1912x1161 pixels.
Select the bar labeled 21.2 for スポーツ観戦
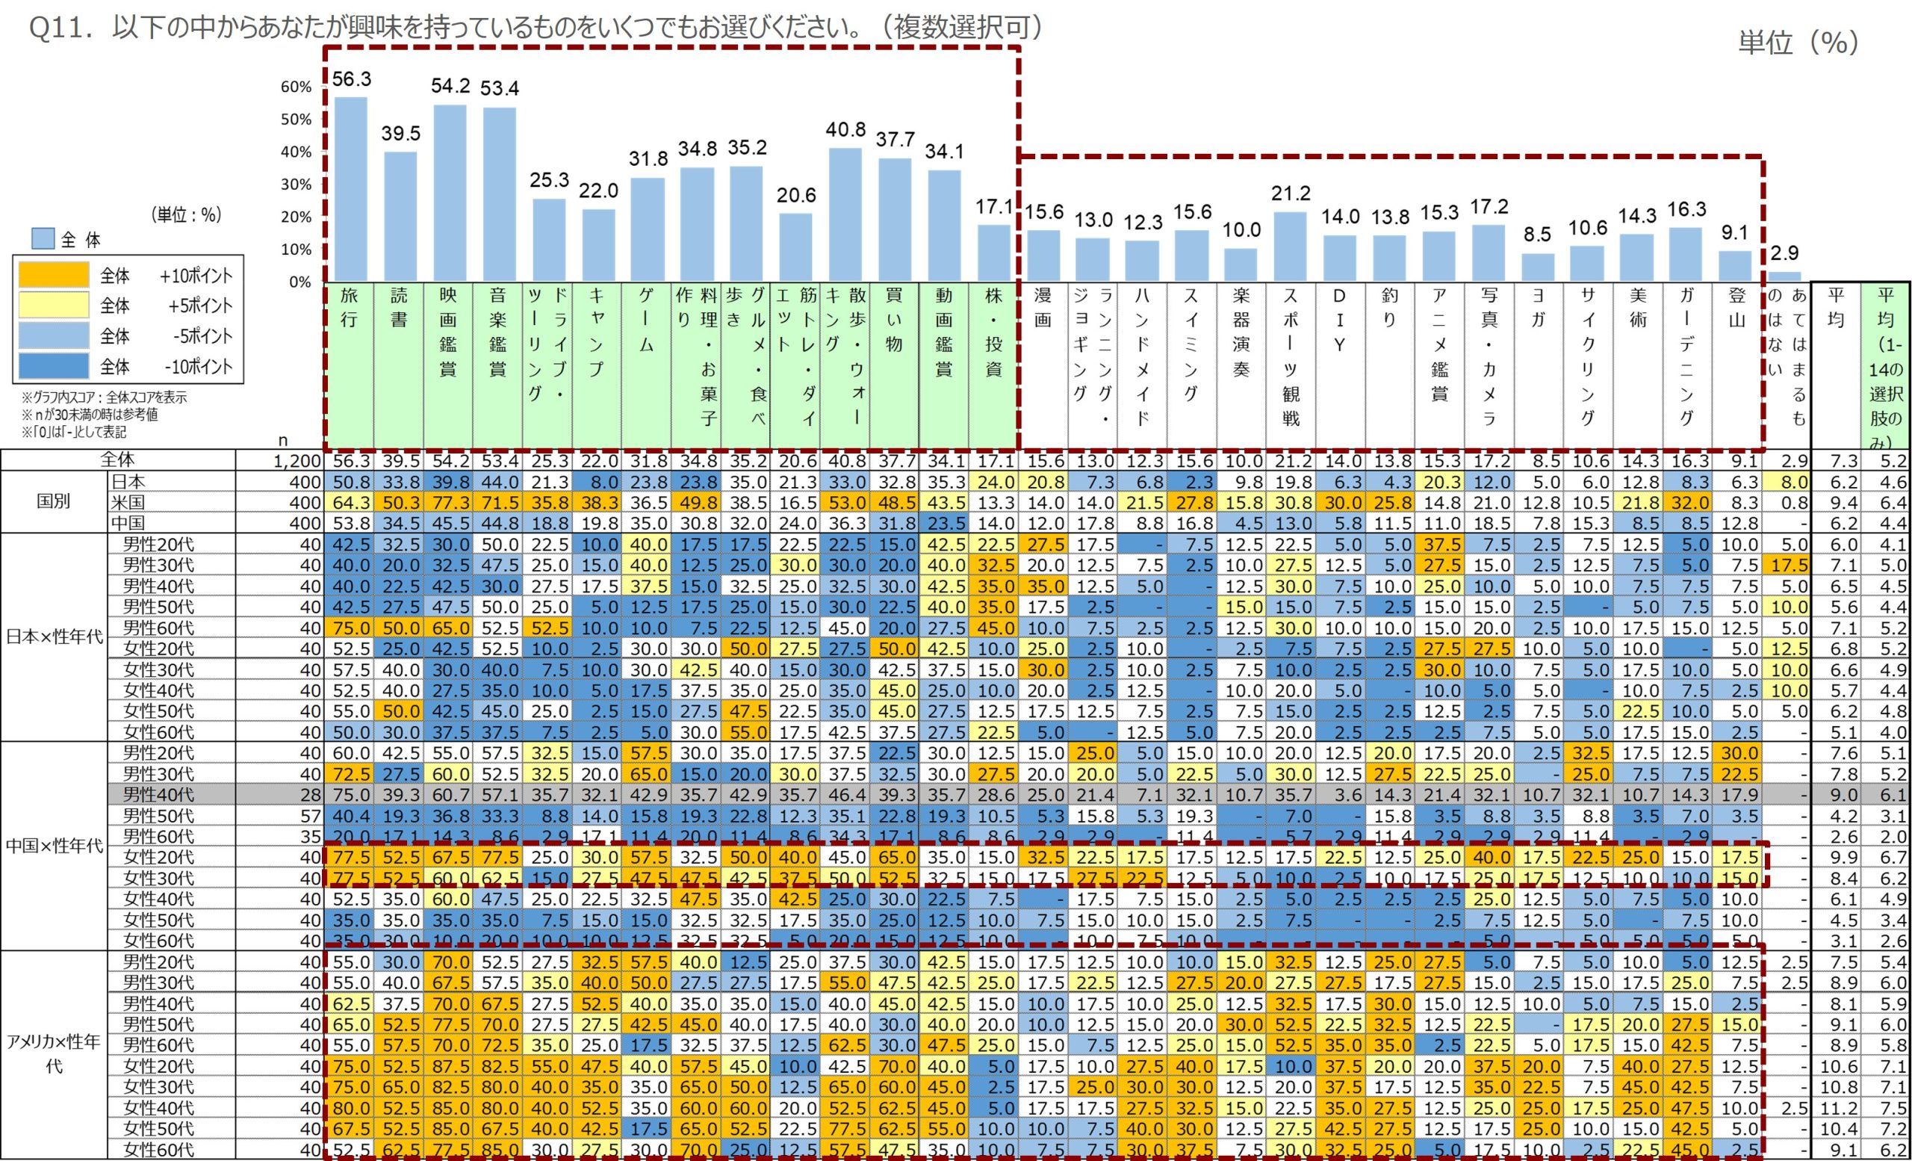point(1291,246)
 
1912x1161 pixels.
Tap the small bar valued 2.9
point(1784,276)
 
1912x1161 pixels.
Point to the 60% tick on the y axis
point(296,87)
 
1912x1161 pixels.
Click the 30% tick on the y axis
point(296,185)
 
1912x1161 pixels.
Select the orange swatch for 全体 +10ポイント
point(54,276)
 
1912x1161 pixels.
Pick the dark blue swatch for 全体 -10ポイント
point(54,366)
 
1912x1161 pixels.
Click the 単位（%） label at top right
point(1798,42)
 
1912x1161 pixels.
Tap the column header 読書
point(399,307)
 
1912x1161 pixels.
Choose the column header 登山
point(1736,307)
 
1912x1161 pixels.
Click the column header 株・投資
point(993,332)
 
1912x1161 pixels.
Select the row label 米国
point(128,502)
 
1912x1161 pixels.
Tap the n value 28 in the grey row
point(311,795)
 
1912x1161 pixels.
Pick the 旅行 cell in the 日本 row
point(351,482)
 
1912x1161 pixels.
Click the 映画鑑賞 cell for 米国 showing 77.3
point(450,503)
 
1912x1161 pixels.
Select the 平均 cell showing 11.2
point(1835,1108)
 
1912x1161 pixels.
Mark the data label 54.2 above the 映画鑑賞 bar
point(450,86)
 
